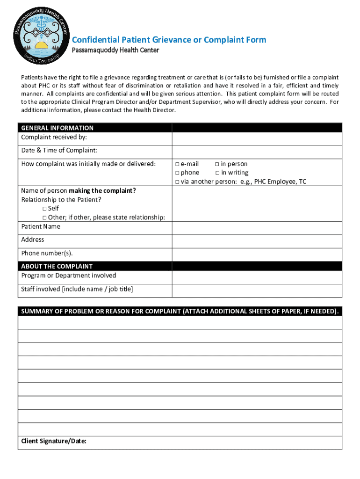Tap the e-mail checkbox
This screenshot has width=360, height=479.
click(x=177, y=164)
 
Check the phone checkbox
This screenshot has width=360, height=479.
click(x=177, y=173)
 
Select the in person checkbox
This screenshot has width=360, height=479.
click(x=217, y=164)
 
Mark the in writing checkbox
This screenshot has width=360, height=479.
click(x=217, y=173)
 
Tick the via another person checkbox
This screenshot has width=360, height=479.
click(x=177, y=182)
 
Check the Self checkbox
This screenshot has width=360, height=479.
click(x=45, y=209)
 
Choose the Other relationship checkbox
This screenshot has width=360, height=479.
click(x=45, y=218)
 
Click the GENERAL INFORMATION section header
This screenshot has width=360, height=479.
click(x=57, y=128)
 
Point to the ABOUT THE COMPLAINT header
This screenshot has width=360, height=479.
click(x=57, y=266)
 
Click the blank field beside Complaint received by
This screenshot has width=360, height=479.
click(x=257, y=139)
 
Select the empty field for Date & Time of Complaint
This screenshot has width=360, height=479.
click(x=257, y=152)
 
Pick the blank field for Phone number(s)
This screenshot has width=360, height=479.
click(x=257, y=254)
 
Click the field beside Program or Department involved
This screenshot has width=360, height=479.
click(x=257, y=277)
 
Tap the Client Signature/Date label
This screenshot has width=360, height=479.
click(x=54, y=441)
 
